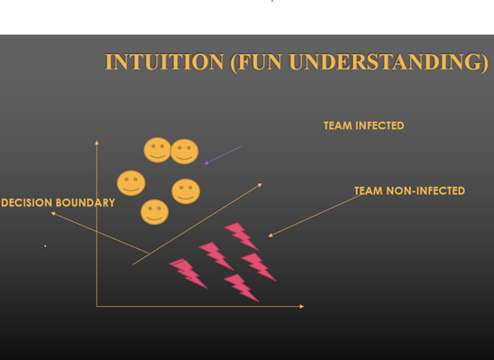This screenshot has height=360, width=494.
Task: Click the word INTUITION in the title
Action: [164, 61]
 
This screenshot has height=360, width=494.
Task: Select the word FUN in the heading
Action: [260, 61]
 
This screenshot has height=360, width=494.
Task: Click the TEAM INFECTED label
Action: [364, 125]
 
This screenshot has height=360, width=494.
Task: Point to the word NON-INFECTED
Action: [425, 190]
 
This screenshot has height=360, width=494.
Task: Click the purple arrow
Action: [223, 155]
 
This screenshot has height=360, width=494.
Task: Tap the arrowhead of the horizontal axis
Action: [302, 306]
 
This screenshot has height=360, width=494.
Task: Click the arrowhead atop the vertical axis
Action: [96, 143]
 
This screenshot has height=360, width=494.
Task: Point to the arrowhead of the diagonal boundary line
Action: [260, 185]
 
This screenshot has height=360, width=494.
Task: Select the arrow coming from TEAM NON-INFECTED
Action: [316, 216]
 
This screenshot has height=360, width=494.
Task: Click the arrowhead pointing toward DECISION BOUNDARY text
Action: [53, 214]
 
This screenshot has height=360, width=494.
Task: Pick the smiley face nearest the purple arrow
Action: [184, 152]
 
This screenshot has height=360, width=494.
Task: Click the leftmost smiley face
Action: [131, 183]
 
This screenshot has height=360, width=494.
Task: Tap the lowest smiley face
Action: [154, 212]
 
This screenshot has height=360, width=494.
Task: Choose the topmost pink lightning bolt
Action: [242, 235]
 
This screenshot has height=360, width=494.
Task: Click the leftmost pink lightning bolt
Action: [188, 273]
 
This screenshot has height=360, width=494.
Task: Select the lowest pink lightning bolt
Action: [242, 288]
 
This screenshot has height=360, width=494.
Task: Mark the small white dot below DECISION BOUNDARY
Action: [45, 246]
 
